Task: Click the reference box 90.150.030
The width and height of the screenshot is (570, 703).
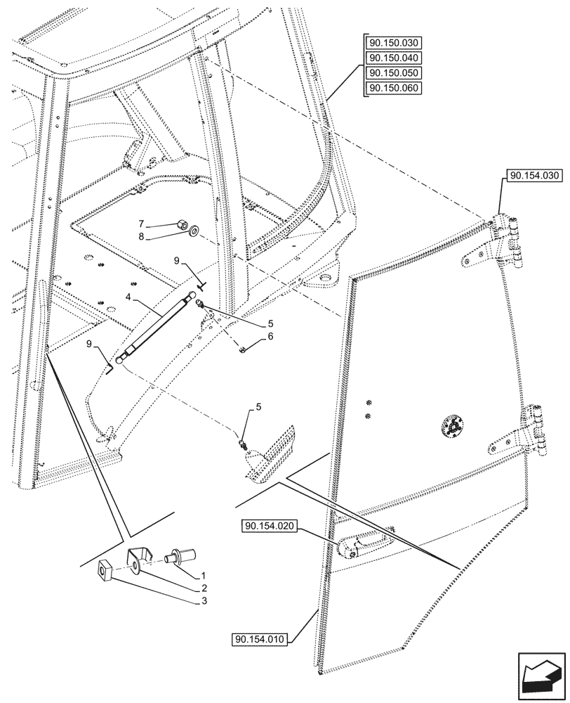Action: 395,42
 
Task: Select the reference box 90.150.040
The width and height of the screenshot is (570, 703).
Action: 395,58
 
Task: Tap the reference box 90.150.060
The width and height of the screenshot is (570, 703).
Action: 395,88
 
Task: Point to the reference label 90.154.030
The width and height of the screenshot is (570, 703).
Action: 533,175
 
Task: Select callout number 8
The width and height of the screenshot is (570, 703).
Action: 160,238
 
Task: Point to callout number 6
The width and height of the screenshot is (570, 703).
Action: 269,337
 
